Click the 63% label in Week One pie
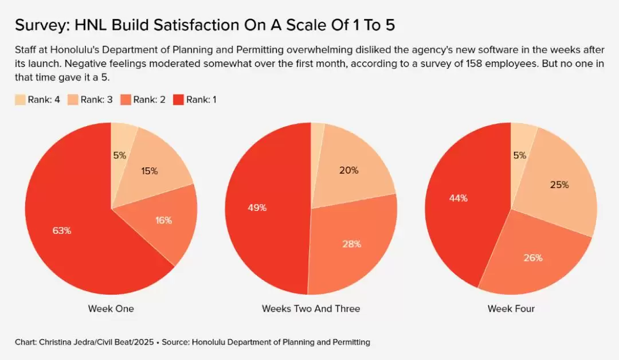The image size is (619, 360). point(62,230)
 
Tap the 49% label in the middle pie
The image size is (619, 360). point(257,208)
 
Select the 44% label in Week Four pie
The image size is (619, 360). point(459,198)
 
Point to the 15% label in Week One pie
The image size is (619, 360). point(149,171)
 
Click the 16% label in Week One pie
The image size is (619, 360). point(163,220)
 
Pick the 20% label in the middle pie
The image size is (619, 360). point(349,170)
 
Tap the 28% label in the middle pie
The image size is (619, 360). point(352,244)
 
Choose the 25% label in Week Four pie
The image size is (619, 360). point(560,185)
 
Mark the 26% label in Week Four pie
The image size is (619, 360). point(533,257)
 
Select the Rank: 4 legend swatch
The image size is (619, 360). point(21,100)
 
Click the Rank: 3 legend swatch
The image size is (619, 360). point(73,100)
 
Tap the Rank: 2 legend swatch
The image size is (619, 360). point(126,100)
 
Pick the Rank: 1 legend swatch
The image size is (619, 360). point(179,100)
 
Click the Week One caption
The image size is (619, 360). point(111,308)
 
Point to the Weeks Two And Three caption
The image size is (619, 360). point(311,308)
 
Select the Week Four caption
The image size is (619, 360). point(511,308)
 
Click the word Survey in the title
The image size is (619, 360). point(38,25)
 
